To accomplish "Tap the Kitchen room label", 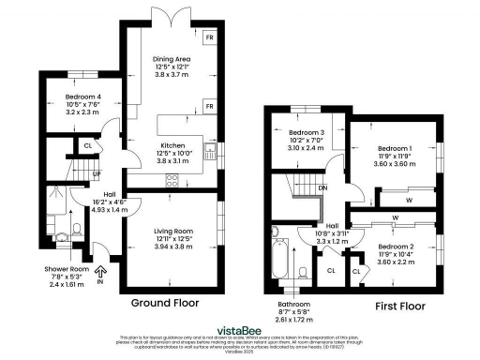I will [171, 153].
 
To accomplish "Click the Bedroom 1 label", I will [394, 157].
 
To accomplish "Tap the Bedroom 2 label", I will [394, 253].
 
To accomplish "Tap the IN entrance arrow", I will [100, 275].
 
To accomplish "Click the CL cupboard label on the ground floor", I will [87, 146].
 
